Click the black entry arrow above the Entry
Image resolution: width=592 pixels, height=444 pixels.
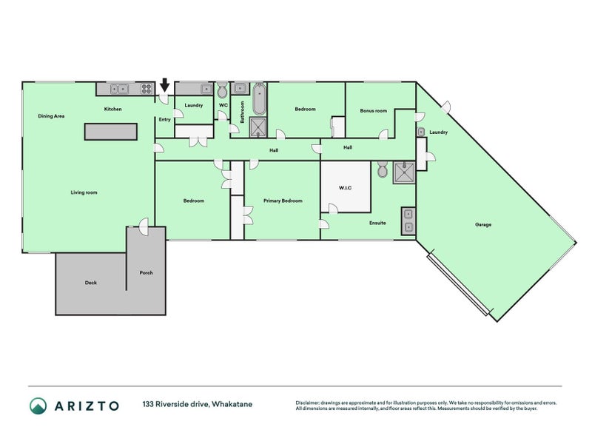click(164, 85)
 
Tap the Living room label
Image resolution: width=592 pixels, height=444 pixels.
click(84, 192)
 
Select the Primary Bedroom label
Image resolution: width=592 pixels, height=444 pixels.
click(283, 201)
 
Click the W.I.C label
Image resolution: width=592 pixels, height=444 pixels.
click(345, 188)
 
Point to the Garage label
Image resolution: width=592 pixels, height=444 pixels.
click(483, 225)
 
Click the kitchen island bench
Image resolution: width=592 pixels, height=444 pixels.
click(110, 132)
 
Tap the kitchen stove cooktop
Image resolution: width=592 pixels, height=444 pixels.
click(146, 89)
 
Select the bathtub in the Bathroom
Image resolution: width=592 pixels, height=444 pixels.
click(259, 99)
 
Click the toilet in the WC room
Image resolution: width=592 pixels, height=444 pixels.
click(223, 90)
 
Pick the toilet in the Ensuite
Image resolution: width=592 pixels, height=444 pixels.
click(383, 169)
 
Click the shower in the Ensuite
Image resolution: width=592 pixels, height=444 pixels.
click(404, 173)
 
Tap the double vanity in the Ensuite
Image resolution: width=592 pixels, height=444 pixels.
click(408, 221)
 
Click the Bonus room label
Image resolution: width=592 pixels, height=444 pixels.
click(374, 110)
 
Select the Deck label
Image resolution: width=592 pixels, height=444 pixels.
click(90, 283)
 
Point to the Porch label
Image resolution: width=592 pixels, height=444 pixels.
click(146, 272)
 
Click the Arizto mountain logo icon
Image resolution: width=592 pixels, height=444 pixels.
click(38, 406)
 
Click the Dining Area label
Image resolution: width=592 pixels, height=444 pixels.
click(51, 116)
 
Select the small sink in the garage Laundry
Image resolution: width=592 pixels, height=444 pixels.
click(421, 132)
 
